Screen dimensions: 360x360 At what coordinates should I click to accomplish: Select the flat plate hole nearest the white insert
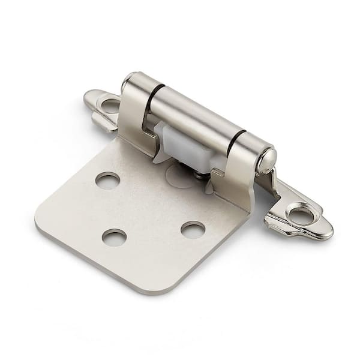click(x=107, y=180)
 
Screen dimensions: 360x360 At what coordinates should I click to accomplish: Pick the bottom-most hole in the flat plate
click(x=113, y=236)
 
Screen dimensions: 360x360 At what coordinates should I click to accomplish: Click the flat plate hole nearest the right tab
click(x=193, y=229)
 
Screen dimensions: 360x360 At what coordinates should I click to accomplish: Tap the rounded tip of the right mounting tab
click(x=326, y=231)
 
